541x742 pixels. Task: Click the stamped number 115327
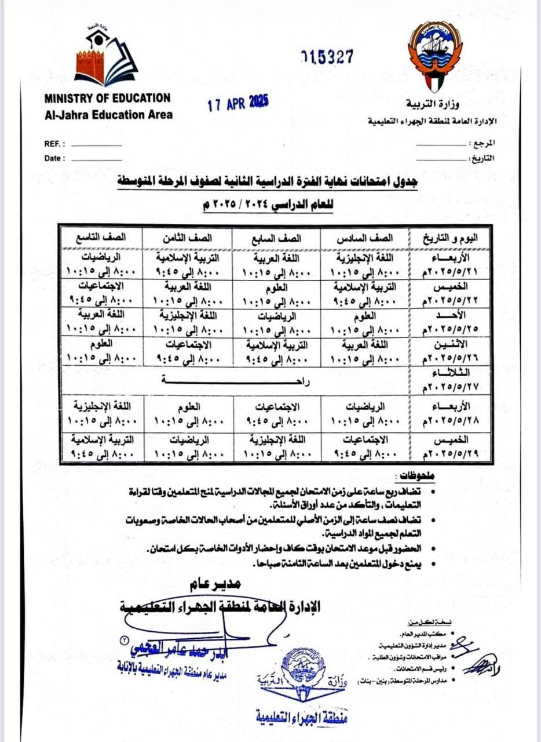point(327,56)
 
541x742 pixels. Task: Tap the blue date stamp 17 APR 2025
point(238,104)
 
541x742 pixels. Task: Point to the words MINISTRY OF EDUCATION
point(107,99)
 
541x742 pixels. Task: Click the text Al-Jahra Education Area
point(108,115)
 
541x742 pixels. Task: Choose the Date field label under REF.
point(54,158)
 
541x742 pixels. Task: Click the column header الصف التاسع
point(101,238)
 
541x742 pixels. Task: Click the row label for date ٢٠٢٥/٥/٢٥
point(448,323)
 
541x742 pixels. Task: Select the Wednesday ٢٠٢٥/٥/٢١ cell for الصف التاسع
point(101,264)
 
